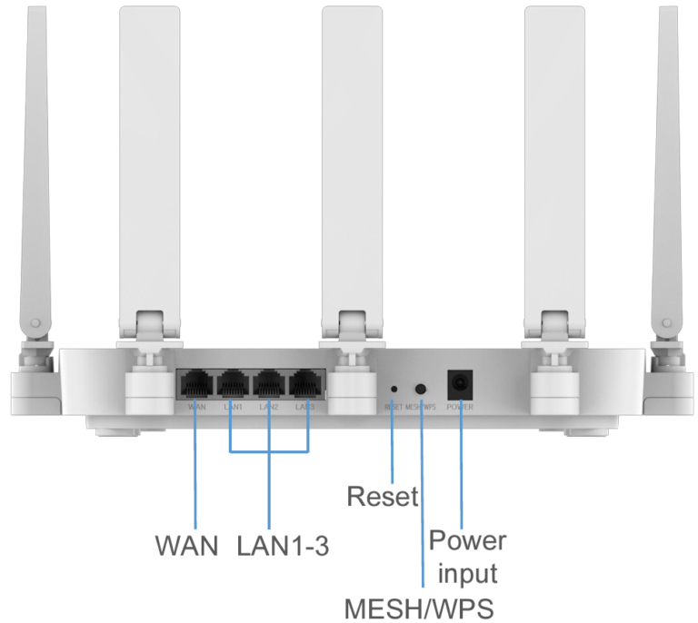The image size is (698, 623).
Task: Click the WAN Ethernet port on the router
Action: coord(195,385)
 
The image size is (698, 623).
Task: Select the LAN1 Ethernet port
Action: coord(232,385)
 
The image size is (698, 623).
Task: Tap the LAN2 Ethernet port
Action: coord(269,385)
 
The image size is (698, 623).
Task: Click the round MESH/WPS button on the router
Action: coord(421,387)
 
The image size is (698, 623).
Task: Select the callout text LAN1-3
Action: coord(283,546)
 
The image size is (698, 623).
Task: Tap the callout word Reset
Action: coord(383,497)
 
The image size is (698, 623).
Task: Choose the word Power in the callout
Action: coord(467,541)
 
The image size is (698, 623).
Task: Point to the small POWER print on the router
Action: coord(460,408)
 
